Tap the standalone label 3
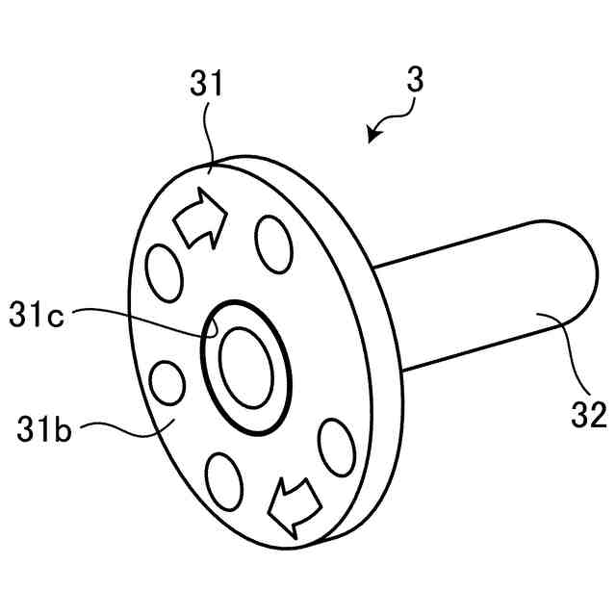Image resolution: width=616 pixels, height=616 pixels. click(x=415, y=80)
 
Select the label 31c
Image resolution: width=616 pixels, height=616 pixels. click(x=36, y=315)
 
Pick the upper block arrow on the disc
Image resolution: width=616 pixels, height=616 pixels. click(x=200, y=218)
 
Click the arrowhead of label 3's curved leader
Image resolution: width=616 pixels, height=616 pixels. click(x=372, y=141)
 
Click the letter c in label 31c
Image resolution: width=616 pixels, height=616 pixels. click(x=55, y=316)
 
